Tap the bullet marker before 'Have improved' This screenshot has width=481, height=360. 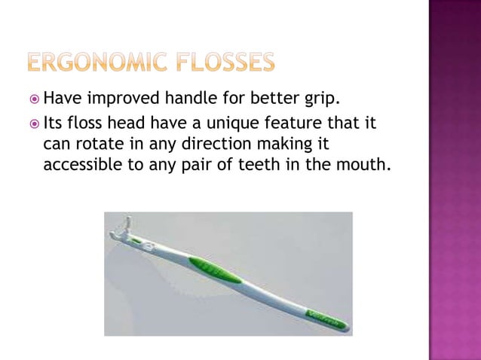click(35, 99)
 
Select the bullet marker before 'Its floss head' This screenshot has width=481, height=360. click(35, 123)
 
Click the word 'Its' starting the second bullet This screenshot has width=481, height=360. click(55, 122)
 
